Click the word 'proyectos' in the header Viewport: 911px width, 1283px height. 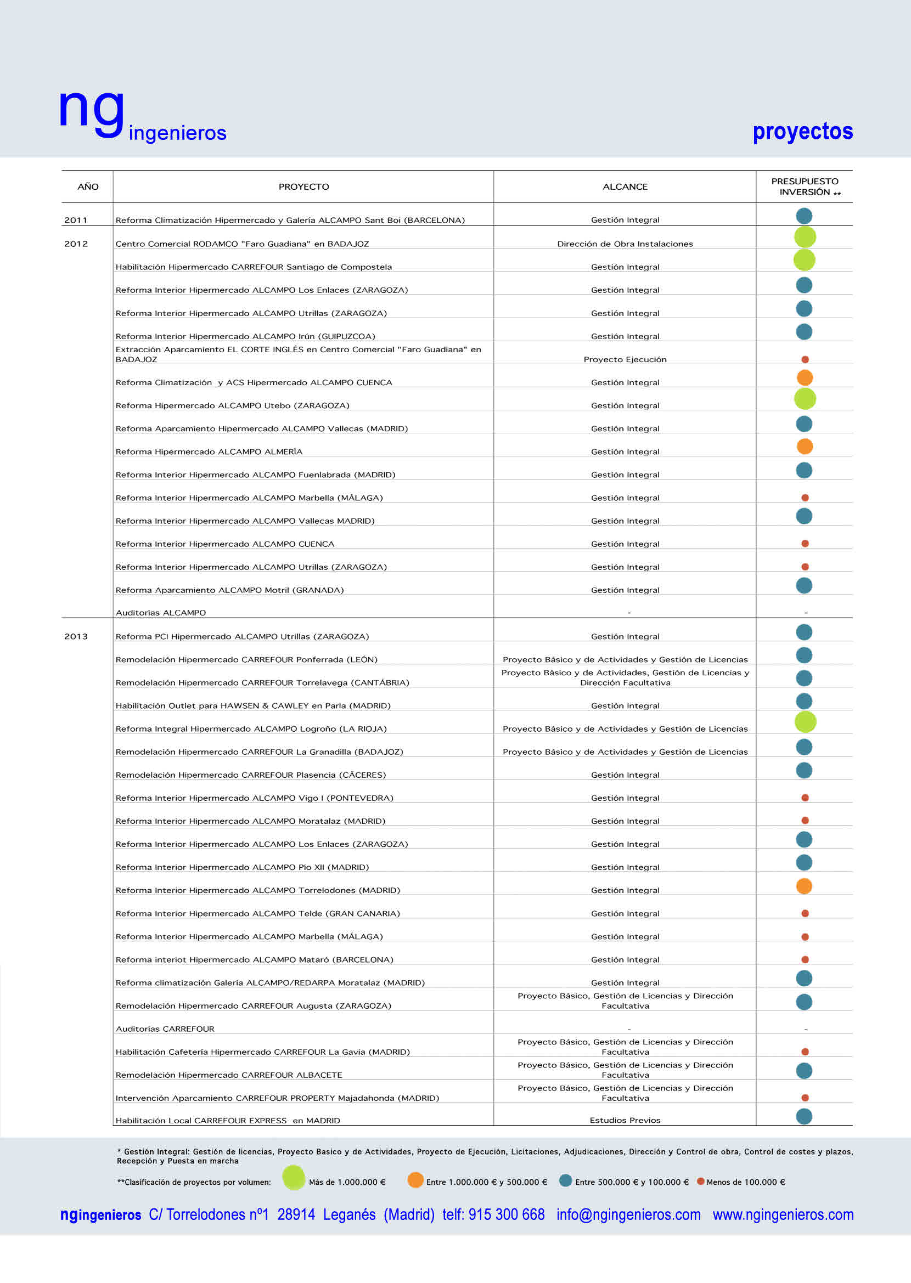(x=802, y=131)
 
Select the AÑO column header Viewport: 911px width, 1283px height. (x=87, y=186)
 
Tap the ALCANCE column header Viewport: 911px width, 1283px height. (x=625, y=186)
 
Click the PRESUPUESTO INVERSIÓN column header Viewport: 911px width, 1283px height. (x=805, y=186)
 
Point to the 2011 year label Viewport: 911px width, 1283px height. (x=76, y=221)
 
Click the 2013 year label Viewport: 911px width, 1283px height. (x=76, y=636)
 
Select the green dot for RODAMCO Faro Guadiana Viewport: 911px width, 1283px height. (x=805, y=237)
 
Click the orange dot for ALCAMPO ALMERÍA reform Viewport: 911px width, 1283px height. (x=805, y=446)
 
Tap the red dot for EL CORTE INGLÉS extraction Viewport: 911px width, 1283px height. (x=805, y=359)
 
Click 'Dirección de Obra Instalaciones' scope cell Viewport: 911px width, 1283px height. (x=625, y=244)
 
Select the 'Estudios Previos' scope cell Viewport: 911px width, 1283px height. (x=625, y=1121)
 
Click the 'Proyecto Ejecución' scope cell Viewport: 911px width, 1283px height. (x=625, y=359)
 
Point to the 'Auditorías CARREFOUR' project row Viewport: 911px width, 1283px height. (x=165, y=1029)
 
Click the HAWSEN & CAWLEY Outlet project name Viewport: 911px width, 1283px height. (x=253, y=706)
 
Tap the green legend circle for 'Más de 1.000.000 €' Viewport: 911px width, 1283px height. (x=294, y=1178)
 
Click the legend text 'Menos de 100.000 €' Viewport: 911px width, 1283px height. (x=745, y=1182)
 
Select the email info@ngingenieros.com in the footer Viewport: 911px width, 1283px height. (x=628, y=1214)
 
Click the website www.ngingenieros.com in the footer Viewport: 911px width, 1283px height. (x=783, y=1214)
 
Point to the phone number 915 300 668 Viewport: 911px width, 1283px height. (x=506, y=1214)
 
